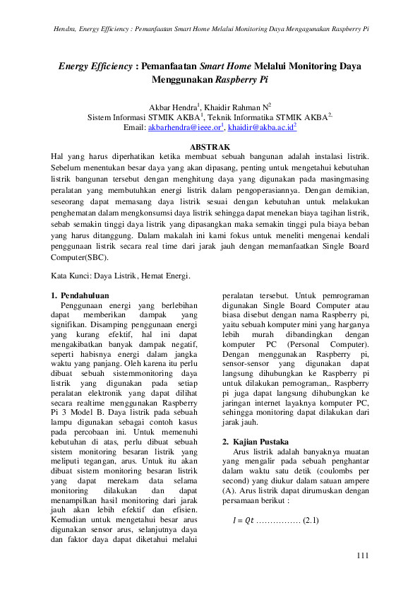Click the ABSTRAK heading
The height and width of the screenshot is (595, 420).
(x=210, y=146)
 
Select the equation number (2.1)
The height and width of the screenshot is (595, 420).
(x=310, y=521)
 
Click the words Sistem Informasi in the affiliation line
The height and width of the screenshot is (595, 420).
(x=116, y=117)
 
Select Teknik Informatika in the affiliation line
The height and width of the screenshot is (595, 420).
(x=244, y=117)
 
